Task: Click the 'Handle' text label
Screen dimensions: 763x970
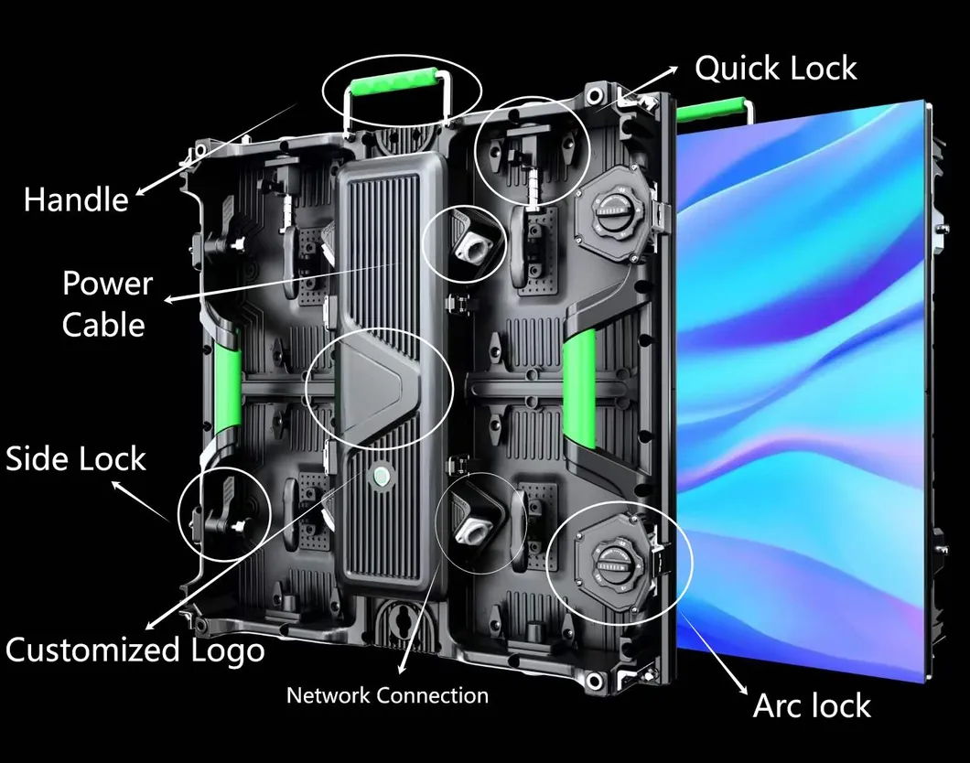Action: tap(76, 199)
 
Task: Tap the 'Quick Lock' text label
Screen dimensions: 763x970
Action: tap(775, 69)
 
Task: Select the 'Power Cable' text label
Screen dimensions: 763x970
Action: tap(106, 304)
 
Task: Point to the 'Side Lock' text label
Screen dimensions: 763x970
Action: tap(76, 458)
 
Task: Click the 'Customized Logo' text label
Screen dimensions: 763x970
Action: tap(135, 650)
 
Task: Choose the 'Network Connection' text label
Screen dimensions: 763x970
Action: tap(387, 695)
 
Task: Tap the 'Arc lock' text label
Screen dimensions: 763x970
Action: tap(812, 705)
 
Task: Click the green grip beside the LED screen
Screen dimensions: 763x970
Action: tap(579, 390)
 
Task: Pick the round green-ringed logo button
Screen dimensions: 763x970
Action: tap(378, 475)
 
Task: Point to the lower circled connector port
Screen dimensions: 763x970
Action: tap(477, 525)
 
